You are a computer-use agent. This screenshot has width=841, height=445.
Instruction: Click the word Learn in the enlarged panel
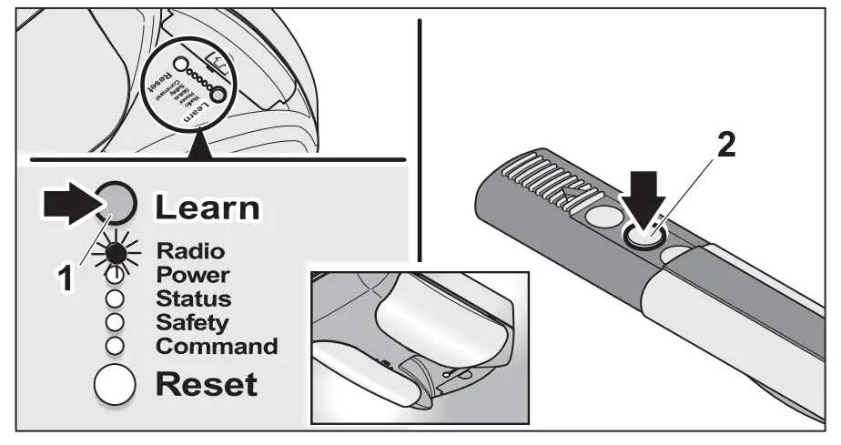(x=207, y=207)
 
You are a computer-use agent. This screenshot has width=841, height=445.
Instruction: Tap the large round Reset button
(x=116, y=384)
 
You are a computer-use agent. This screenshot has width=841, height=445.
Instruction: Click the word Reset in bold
(x=207, y=384)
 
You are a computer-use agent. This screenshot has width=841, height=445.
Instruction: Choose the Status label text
(x=193, y=298)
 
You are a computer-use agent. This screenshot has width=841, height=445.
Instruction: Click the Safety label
(x=192, y=322)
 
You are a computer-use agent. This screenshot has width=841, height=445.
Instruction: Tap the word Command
(x=217, y=346)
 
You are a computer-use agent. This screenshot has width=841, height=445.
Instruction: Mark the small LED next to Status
(x=116, y=298)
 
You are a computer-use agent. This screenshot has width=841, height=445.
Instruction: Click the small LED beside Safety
(x=116, y=322)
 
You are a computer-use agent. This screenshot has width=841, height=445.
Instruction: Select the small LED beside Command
(x=116, y=346)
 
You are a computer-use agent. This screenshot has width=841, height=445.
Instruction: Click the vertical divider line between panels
(x=420, y=137)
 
